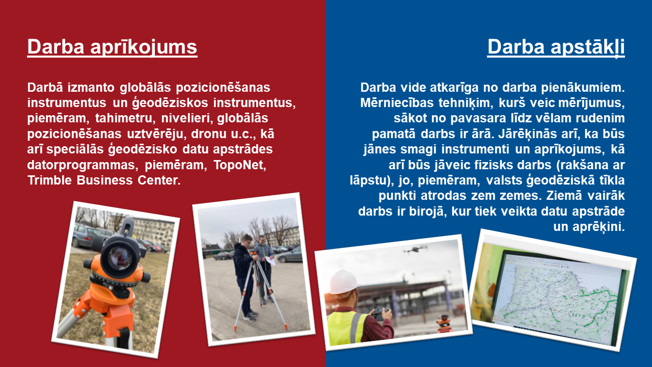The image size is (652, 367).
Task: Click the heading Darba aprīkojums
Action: coord(113,47)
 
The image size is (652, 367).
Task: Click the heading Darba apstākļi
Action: coord(556,47)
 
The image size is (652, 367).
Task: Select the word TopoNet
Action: coord(240,165)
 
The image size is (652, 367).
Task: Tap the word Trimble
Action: coord(49,180)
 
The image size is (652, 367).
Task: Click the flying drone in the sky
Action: coord(415,250)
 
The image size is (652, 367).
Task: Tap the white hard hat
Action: coord(343,282)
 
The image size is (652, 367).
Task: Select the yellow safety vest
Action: coord(346,327)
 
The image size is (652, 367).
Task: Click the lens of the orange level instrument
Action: coord(120,257)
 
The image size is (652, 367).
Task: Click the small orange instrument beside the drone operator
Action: coord(444,323)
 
